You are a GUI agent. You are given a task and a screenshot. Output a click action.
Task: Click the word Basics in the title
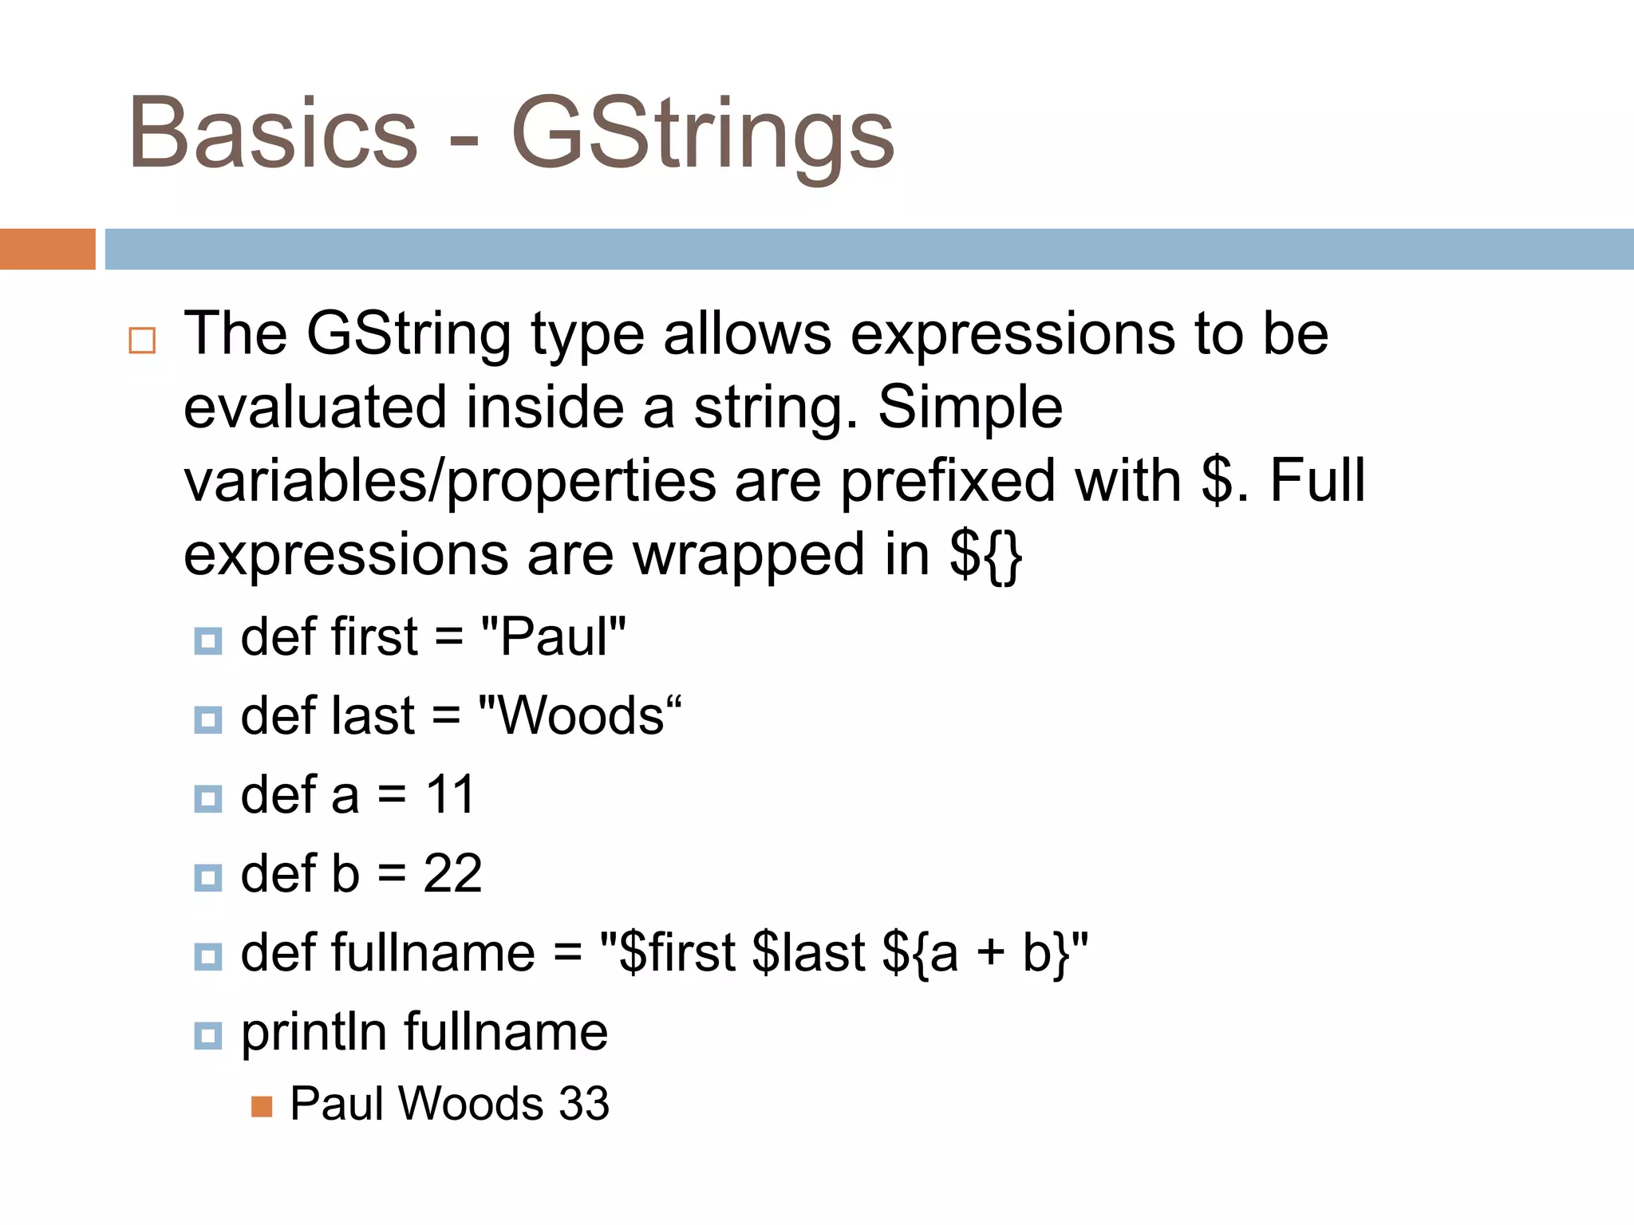pyautogui.click(x=273, y=134)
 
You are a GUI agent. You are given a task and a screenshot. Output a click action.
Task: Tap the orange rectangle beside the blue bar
pyautogui.click(x=47, y=249)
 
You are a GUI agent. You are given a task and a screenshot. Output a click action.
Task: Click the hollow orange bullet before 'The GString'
pyautogui.click(x=142, y=341)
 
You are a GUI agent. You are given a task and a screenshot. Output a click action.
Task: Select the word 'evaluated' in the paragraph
pyautogui.click(x=315, y=407)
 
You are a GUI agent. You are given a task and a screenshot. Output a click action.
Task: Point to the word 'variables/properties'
pyautogui.click(x=450, y=481)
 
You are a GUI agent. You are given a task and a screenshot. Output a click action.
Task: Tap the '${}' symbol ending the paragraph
pyautogui.click(x=986, y=555)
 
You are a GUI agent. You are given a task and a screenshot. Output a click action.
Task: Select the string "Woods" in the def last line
pyautogui.click(x=579, y=715)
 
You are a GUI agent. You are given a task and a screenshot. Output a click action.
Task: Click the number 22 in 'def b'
pyautogui.click(x=452, y=873)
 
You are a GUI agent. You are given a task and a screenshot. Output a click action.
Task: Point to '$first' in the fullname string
pyautogui.click(x=677, y=952)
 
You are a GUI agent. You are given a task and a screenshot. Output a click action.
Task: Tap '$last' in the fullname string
pyautogui.click(x=808, y=952)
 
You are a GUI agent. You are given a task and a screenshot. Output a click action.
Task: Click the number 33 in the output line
pyautogui.click(x=584, y=1104)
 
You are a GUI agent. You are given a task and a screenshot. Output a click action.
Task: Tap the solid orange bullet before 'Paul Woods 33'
pyautogui.click(x=262, y=1107)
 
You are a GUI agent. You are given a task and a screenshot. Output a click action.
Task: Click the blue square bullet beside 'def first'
pyautogui.click(x=208, y=640)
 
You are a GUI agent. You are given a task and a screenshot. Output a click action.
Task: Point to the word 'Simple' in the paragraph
pyautogui.click(x=970, y=407)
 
